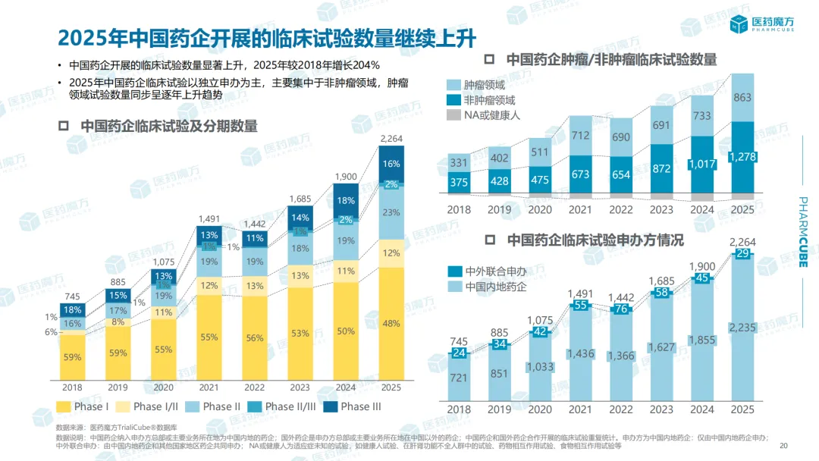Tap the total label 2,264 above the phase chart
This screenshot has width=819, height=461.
click(391, 139)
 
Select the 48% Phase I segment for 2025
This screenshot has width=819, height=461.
click(391, 324)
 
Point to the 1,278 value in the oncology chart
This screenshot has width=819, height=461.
click(743, 156)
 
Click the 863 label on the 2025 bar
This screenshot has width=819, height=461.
click(743, 97)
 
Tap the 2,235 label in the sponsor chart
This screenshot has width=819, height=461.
click(743, 328)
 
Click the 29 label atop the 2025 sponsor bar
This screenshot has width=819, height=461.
click(743, 254)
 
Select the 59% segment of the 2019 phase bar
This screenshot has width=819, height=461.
click(118, 353)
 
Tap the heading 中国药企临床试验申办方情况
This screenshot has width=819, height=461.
click(595, 240)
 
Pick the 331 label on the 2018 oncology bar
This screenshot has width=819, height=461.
click(458, 162)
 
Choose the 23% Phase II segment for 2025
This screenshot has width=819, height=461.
click(391, 212)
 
